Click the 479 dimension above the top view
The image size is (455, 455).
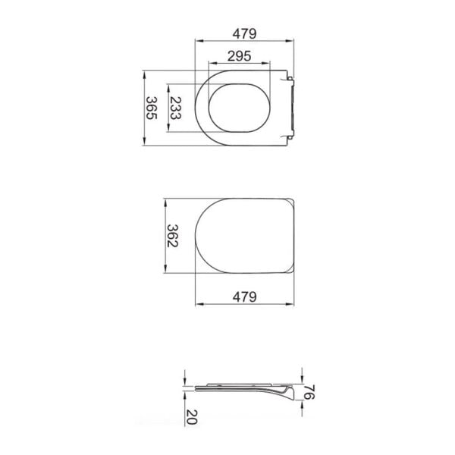[x=244, y=33]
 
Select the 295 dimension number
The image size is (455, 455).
[x=240, y=56]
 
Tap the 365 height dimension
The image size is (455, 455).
[x=152, y=108]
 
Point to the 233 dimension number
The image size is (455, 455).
[x=175, y=108]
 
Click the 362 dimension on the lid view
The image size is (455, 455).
[x=172, y=236]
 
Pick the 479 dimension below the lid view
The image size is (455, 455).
[x=245, y=297]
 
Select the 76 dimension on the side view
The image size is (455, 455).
[x=309, y=392]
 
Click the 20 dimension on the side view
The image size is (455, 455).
[x=192, y=417]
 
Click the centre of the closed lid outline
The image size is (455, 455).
[x=245, y=236]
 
